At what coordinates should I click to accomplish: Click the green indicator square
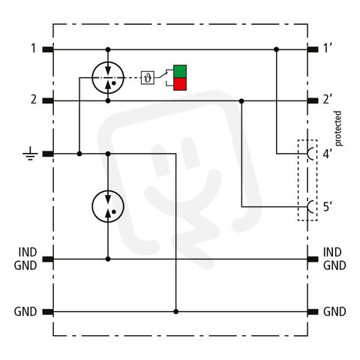(180, 71)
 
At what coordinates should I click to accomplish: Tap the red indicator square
(180, 84)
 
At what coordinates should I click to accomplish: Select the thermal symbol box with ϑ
(148, 78)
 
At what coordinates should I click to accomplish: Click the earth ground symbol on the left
(30, 154)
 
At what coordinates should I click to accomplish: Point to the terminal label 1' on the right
(328, 48)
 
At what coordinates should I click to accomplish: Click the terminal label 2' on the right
(328, 100)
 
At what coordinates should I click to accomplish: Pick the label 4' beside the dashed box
(328, 154)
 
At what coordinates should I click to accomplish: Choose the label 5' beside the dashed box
(328, 207)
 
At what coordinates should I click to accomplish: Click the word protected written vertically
(337, 128)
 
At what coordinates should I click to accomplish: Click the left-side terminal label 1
(33, 48)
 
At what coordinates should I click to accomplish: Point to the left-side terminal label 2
(34, 100)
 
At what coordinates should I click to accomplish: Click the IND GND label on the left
(25, 259)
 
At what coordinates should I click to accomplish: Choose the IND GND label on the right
(334, 259)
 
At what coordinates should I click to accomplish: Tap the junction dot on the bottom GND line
(176, 311)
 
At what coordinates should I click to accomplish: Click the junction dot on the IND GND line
(108, 259)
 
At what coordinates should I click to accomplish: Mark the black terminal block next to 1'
(313, 49)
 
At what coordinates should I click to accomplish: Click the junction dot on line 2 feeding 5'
(241, 101)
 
